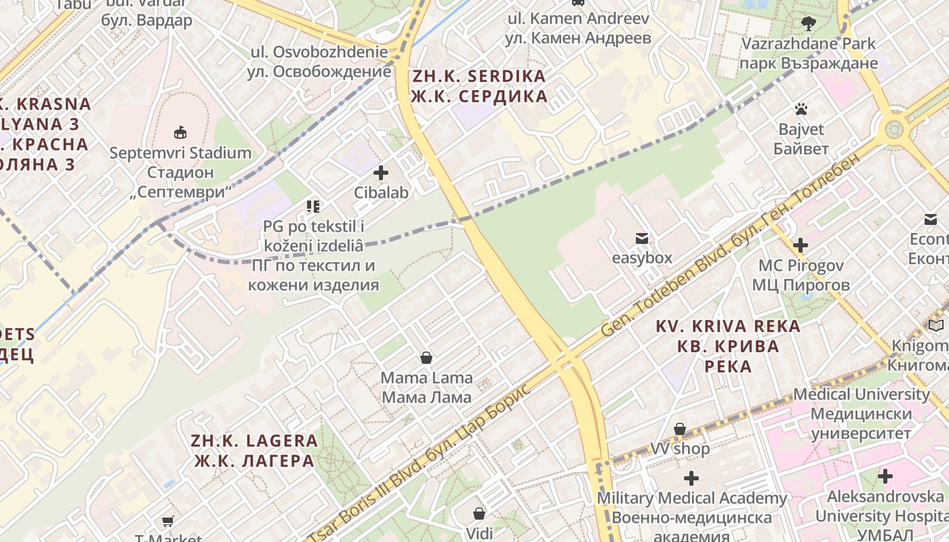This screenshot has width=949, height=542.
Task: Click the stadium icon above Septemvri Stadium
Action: point(180,132)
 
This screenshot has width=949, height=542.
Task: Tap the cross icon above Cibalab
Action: point(381,173)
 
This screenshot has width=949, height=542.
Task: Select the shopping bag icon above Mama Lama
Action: point(426,357)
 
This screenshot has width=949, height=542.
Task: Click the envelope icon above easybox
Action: point(641,238)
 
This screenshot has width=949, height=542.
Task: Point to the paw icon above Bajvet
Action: point(801,108)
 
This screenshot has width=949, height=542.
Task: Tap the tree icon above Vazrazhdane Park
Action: point(808,24)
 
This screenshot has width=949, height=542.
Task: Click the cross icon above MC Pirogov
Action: point(801,245)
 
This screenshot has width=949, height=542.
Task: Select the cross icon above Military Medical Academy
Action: point(691,478)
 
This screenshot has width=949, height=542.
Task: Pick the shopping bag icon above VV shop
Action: point(680,429)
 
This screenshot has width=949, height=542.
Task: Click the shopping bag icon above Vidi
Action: point(479,514)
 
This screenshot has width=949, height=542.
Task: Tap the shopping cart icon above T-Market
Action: point(167,521)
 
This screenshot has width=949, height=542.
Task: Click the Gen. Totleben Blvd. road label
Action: point(732,244)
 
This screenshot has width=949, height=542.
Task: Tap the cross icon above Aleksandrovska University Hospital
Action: point(885,476)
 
